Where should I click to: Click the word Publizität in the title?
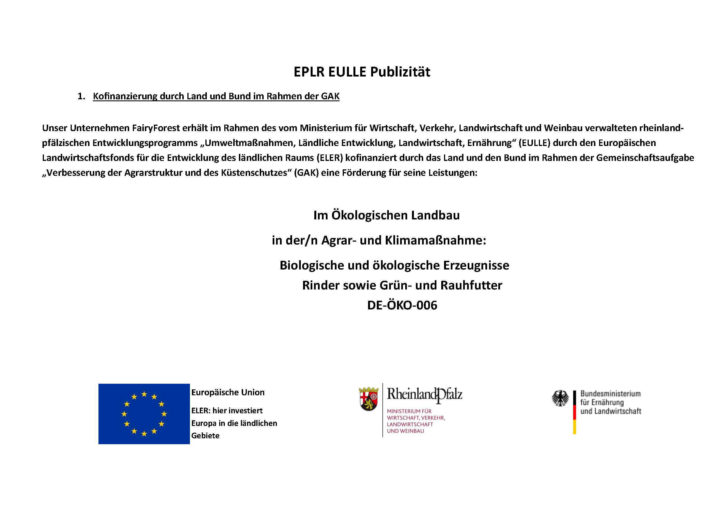(x=400, y=72)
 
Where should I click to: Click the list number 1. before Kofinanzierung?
(x=81, y=96)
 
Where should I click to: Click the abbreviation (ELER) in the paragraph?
(x=330, y=158)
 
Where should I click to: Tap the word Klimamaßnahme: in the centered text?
(x=436, y=241)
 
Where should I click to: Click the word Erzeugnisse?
(x=476, y=266)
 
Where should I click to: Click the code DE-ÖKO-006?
(x=402, y=305)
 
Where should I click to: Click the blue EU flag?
(x=144, y=414)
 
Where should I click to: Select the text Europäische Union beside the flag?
(x=228, y=392)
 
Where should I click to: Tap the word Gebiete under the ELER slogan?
(x=205, y=436)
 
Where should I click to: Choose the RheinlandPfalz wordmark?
(x=424, y=394)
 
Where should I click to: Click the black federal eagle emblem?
(x=560, y=398)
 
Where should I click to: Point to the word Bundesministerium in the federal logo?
(x=611, y=394)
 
